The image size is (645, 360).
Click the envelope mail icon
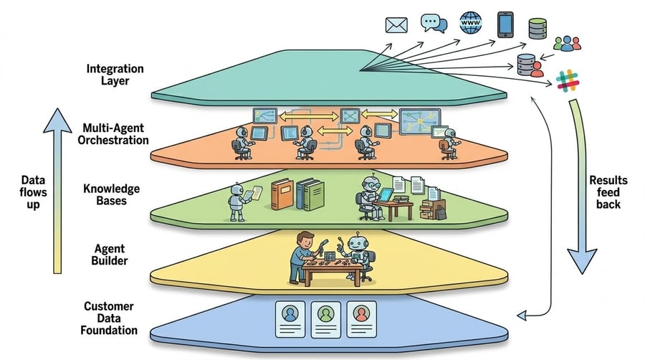tap(396, 26)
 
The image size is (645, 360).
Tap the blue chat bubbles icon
tap(434, 24)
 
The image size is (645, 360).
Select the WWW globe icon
tap(471, 24)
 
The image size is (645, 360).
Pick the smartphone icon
tap(506, 24)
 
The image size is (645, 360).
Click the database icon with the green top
tap(537, 29)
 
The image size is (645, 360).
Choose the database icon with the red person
tap(528, 65)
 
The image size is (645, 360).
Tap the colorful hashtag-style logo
tap(568, 80)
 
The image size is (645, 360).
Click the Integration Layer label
tap(115, 75)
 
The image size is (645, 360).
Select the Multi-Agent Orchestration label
tap(115, 133)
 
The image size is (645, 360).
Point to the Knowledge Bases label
tap(115, 194)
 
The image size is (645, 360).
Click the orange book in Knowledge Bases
tap(281, 195)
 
